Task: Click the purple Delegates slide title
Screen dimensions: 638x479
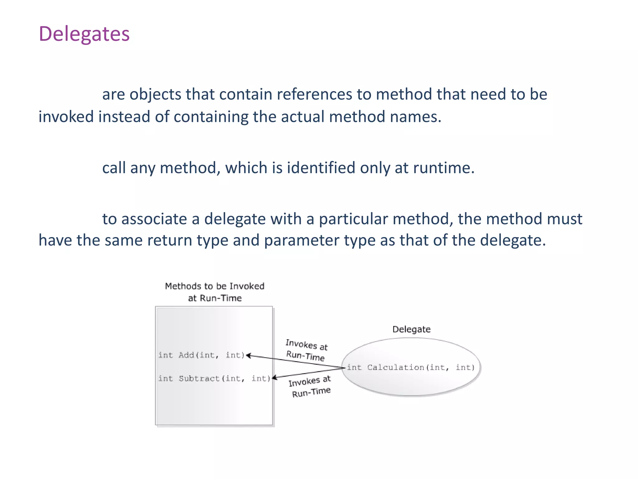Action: [x=84, y=34]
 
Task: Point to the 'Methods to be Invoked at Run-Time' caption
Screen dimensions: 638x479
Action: [x=215, y=292]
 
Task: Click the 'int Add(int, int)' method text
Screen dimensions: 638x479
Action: [x=202, y=355]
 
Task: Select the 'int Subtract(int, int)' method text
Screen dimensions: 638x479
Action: [x=214, y=379]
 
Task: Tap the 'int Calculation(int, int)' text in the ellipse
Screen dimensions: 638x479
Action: [x=411, y=368]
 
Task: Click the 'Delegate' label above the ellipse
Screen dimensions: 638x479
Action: [x=411, y=329]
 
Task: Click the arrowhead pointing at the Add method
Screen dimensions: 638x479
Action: [x=249, y=356]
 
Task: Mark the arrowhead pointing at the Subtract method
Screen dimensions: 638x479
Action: [x=274, y=378]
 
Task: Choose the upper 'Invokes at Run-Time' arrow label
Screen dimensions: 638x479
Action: [x=306, y=350]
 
